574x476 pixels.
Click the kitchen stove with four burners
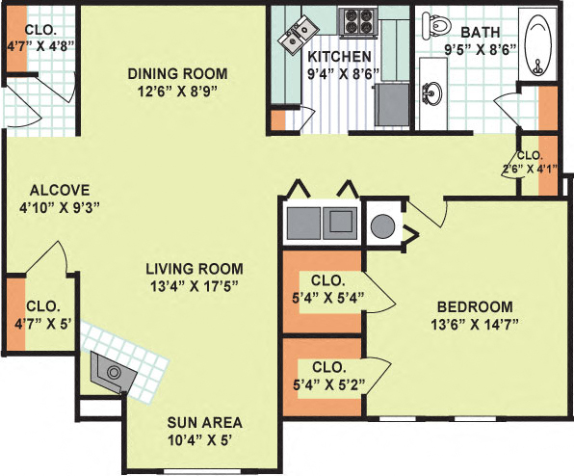358,21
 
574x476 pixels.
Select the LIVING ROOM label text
195,268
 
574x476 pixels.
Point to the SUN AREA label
203,422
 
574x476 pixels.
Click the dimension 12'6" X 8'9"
179,92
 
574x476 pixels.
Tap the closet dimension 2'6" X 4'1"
531,171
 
